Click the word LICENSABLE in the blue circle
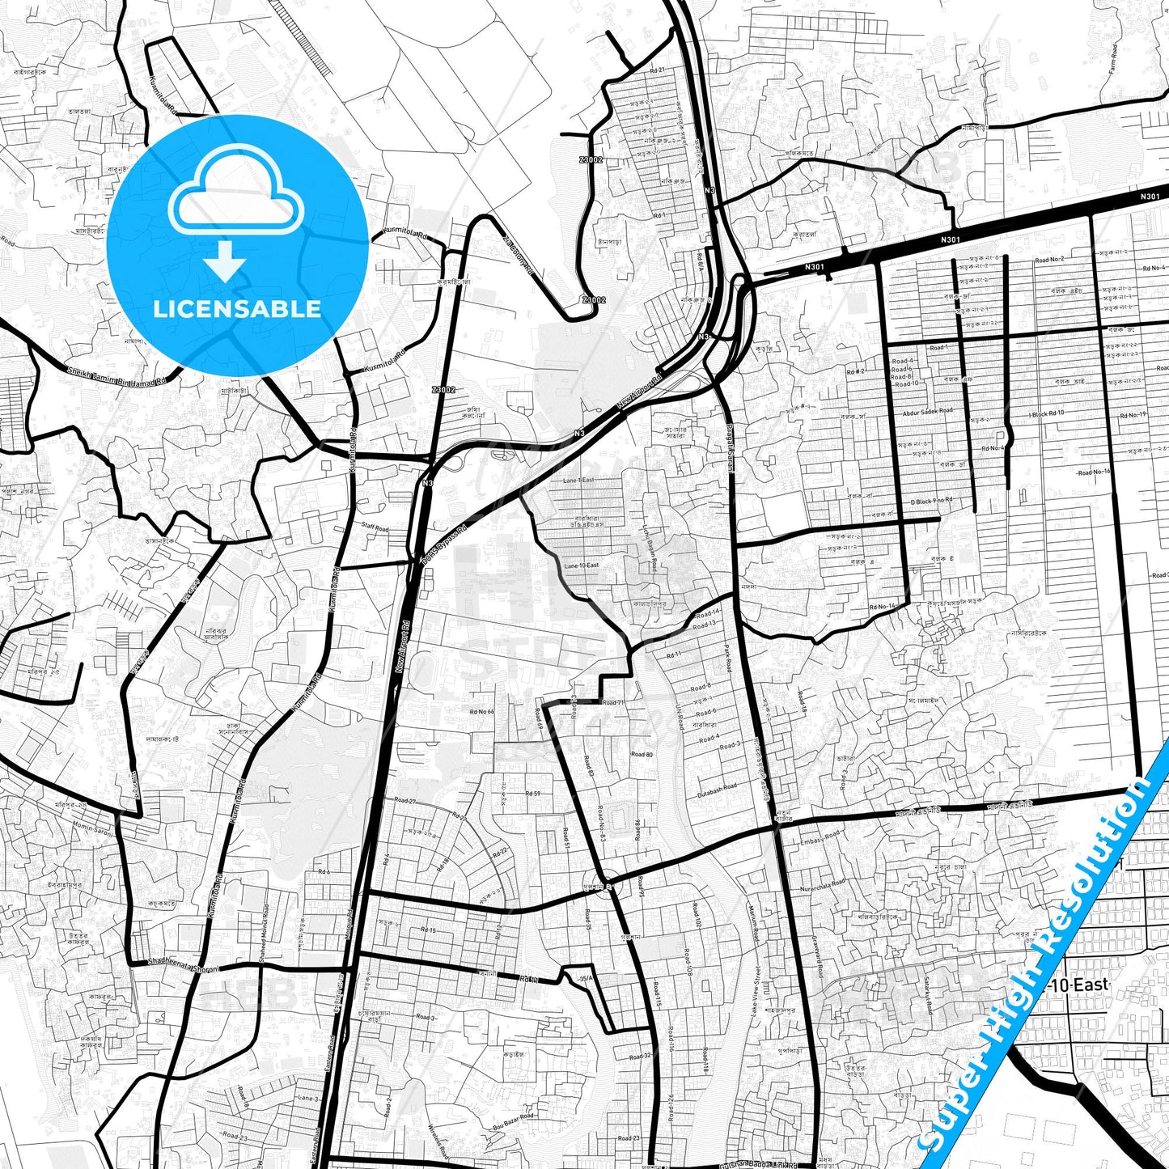(237, 308)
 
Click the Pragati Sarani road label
(730, 449)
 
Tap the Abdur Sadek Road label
(927, 412)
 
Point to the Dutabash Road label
(717, 790)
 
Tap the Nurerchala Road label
(822, 888)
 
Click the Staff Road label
(375, 528)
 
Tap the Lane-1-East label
(578, 481)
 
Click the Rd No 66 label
(481, 712)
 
